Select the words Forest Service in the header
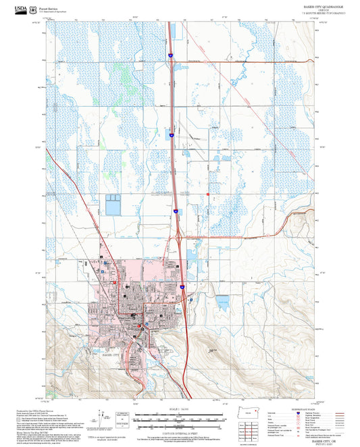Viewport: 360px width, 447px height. pos(48,9)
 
